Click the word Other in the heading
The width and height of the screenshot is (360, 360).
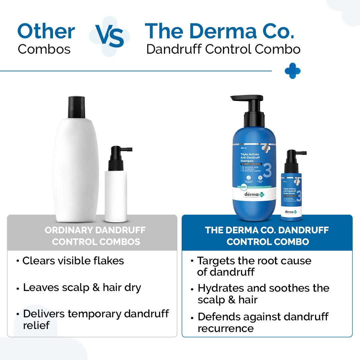tap(46, 32)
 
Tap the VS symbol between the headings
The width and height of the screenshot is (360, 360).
tap(110, 36)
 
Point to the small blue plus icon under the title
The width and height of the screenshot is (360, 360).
tap(293, 71)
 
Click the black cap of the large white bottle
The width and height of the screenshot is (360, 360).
tap(76, 107)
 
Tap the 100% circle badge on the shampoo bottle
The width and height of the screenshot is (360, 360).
tap(244, 187)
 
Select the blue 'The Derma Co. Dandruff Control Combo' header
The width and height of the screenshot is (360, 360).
tap(267, 236)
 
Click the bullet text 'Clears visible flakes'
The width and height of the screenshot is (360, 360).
tap(73, 261)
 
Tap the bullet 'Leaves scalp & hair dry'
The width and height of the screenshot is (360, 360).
tap(82, 288)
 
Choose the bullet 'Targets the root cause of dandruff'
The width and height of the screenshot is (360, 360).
tap(254, 266)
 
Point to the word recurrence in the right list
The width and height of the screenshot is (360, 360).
tap(226, 328)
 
